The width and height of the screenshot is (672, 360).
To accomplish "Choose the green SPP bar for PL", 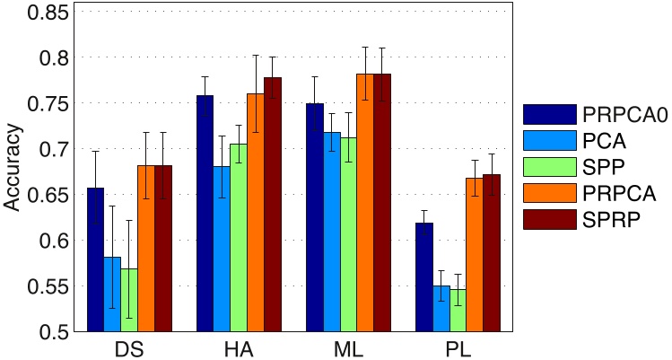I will click(458, 311).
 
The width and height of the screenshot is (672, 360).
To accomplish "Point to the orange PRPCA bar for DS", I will click(146, 249).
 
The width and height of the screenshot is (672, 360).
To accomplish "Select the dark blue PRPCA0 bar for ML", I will click(314, 218).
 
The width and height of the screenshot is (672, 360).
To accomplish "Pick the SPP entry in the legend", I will click(593, 168).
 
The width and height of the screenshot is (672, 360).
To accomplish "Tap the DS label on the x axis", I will click(129, 348).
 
